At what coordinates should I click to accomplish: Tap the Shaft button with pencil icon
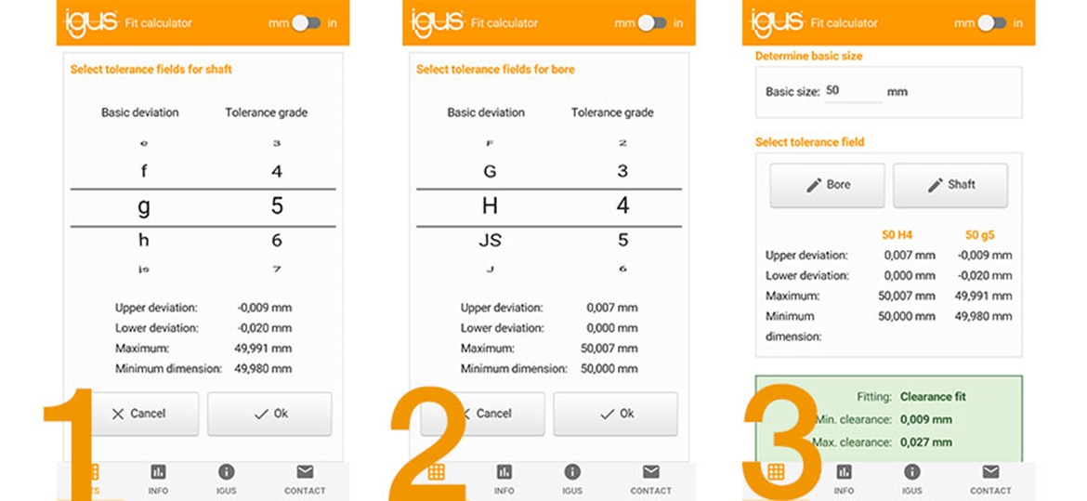point(949,185)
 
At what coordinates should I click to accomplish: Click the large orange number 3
point(780,442)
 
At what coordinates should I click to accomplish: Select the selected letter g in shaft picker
point(143,206)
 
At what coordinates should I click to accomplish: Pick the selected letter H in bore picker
point(490,206)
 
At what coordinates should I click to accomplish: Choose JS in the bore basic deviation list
point(490,241)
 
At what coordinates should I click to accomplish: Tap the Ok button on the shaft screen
point(269,414)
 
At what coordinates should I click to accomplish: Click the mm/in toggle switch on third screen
point(991,23)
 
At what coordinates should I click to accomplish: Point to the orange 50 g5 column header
point(979,235)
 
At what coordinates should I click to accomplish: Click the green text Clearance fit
point(933,397)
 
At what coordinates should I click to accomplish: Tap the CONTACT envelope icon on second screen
point(650,472)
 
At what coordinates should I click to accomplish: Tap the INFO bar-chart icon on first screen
point(158,472)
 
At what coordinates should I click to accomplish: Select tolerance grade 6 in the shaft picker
point(276,241)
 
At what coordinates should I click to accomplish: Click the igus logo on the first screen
point(91,22)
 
